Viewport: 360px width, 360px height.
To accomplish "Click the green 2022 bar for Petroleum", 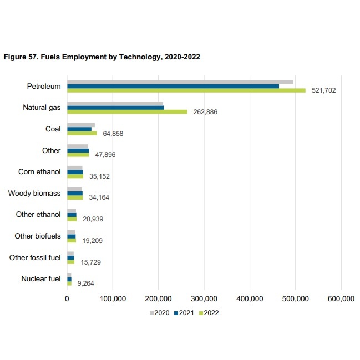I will [186, 90].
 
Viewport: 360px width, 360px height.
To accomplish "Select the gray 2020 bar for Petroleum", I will [180, 82].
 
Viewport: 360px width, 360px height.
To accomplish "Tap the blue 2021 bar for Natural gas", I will [115, 107].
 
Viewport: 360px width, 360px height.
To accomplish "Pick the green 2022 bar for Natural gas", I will [127, 111].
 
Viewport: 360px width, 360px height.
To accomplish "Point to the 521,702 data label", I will [323, 90].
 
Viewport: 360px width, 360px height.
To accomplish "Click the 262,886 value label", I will [205, 112].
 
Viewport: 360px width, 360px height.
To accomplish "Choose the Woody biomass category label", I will [34, 194].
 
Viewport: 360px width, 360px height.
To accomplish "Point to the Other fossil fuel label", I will [35, 257].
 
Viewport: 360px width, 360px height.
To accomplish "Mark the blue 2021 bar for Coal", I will [79, 129].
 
